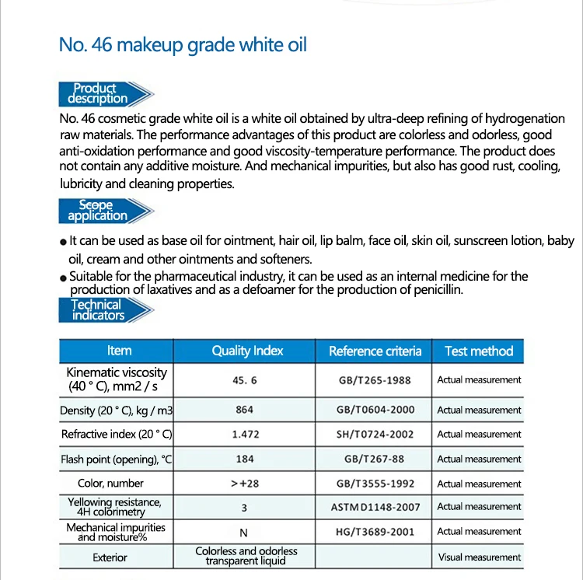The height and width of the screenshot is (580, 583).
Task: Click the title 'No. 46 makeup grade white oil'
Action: (183, 44)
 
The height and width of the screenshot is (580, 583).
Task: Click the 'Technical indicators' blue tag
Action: (97, 310)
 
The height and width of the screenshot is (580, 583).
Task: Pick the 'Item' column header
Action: (119, 351)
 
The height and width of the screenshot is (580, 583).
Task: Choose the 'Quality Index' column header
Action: (248, 351)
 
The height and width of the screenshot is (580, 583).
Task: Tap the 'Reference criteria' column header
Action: (375, 351)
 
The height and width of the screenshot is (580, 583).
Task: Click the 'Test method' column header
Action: (479, 351)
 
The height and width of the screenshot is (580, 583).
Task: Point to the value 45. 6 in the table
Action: (245, 381)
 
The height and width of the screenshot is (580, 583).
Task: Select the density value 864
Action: (245, 410)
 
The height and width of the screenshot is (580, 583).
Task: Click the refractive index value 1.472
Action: (245, 435)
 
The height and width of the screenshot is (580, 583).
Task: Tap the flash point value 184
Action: (245, 459)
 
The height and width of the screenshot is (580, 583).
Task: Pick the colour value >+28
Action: (245, 484)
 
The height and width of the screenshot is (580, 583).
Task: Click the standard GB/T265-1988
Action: (374, 381)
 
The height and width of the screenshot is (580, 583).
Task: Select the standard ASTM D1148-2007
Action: (374, 507)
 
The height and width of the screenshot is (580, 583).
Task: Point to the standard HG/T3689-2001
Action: (374, 532)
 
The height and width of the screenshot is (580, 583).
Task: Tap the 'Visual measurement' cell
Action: (479, 557)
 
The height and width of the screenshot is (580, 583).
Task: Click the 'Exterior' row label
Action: (110, 557)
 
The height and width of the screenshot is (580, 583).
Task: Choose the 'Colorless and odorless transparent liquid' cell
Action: (246, 556)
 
